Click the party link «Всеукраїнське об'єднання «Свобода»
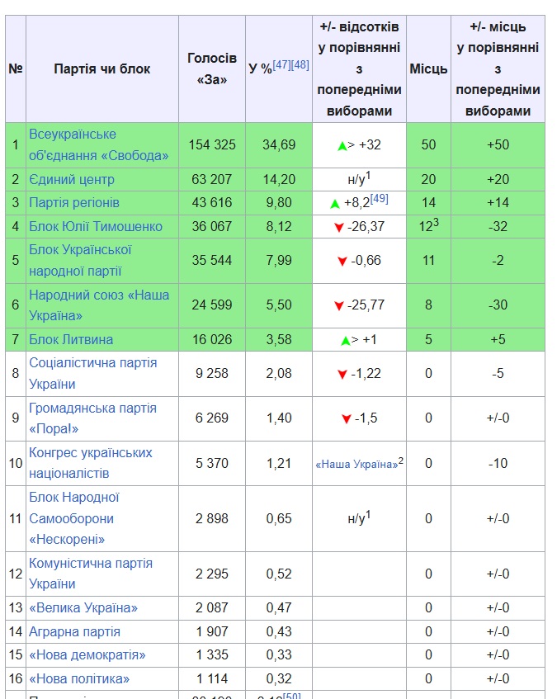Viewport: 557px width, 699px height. click(x=98, y=144)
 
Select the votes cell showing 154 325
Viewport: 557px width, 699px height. click(x=212, y=144)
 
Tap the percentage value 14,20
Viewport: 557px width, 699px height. click(x=278, y=179)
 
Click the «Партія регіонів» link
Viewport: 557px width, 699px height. click(x=74, y=202)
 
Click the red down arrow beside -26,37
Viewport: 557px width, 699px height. click(x=339, y=227)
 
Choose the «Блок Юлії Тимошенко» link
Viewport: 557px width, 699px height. click(x=96, y=226)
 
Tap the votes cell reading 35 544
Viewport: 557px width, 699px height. click(x=212, y=260)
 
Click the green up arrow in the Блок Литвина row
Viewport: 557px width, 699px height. click(x=345, y=340)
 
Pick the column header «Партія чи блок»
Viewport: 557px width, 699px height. click(x=102, y=68)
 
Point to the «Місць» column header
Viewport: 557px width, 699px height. click(x=428, y=68)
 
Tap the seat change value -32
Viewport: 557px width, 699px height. click(x=498, y=226)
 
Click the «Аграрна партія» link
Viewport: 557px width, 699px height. click(x=74, y=631)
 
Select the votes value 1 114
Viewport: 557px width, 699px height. click(x=212, y=678)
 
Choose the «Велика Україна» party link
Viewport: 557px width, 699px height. click(x=83, y=607)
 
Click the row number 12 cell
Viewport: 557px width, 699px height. click(x=15, y=574)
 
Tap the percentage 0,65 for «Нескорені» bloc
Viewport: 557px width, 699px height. click(x=278, y=518)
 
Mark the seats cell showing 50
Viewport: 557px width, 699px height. click(x=428, y=144)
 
